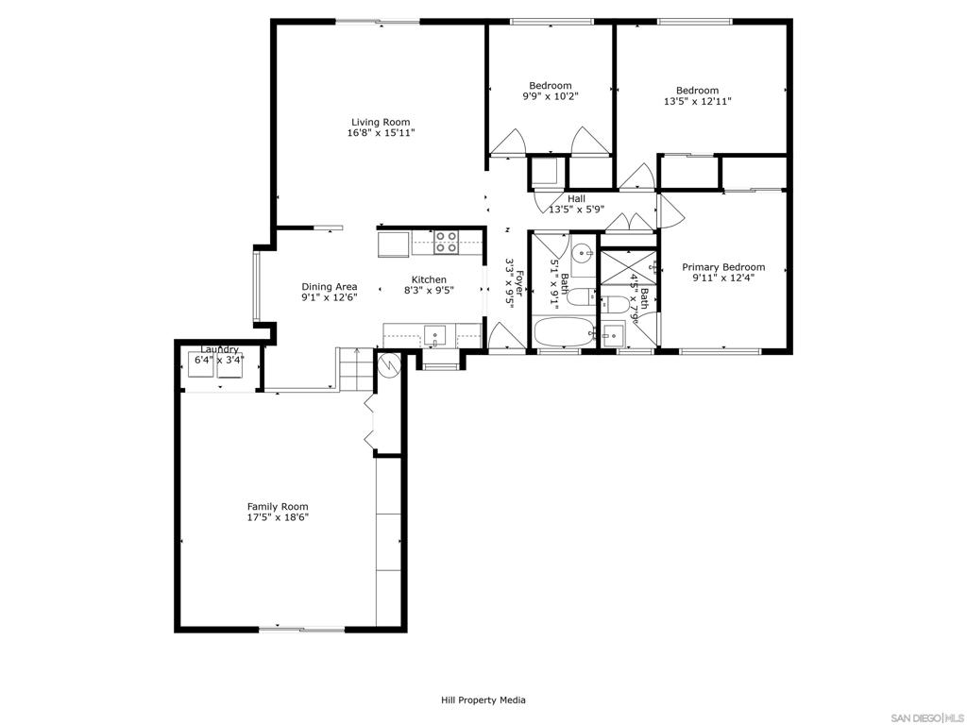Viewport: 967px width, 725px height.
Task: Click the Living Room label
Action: coord(381,122)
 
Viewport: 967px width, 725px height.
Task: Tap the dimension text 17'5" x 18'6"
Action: coord(278,517)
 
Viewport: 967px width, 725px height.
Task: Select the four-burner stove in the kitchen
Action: coord(446,243)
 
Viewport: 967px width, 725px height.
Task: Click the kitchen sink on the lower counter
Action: coord(435,334)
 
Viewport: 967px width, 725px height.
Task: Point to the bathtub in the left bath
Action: coord(563,333)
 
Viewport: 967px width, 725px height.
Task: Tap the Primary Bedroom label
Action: coord(723,267)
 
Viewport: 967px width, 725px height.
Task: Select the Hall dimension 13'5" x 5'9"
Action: coord(576,210)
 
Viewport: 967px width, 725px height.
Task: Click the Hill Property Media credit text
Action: coord(483,700)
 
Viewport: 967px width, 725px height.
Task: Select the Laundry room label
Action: coord(219,350)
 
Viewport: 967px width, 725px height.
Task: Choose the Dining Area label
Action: coord(329,287)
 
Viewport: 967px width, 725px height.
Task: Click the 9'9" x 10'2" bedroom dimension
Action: coord(550,96)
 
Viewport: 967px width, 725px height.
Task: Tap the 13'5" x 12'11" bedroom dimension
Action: coord(697,101)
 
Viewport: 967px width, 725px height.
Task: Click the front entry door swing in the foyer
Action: coord(500,336)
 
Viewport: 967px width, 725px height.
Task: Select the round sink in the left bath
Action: coord(584,253)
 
